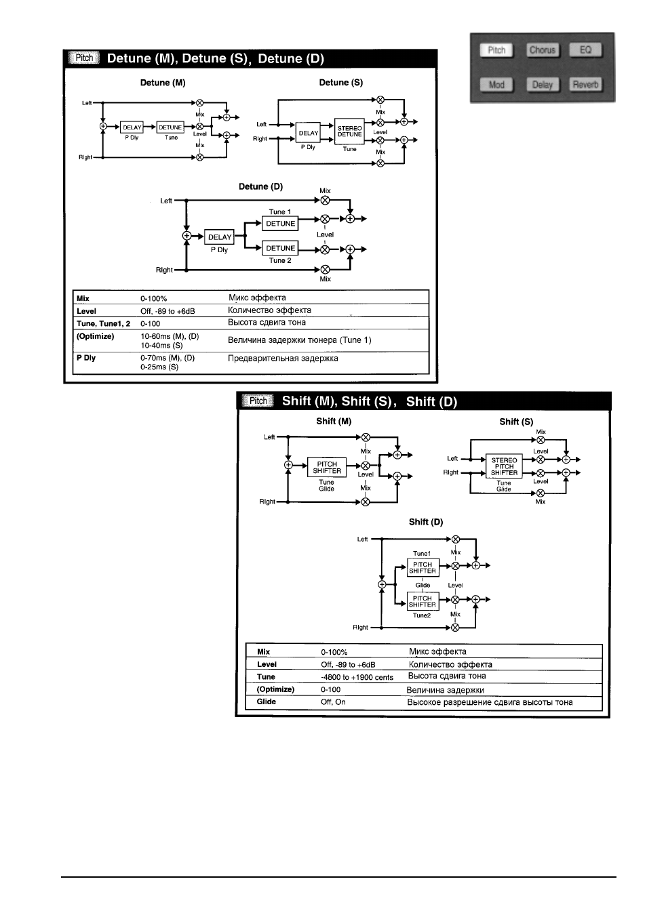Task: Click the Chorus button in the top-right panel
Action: point(542,50)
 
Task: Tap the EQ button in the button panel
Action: point(585,50)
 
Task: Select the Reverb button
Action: point(585,85)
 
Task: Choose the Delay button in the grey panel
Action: point(542,85)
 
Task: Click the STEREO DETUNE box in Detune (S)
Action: point(349,131)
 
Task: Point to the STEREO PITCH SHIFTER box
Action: point(504,466)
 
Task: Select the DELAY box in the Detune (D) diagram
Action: point(220,237)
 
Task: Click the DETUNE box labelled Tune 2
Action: point(280,248)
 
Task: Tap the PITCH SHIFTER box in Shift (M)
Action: point(327,467)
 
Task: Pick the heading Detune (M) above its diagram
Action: point(163,83)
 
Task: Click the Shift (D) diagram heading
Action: point(426,522)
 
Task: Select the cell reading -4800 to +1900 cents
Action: point(357,677)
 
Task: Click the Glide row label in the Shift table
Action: point(266,701)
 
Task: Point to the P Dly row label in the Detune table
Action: point(86,357)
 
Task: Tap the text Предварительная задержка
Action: point(283,359)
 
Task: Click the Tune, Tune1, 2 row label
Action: point(103,323)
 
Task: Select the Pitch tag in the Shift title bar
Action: point(258,401)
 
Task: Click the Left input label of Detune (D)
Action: point(166,201)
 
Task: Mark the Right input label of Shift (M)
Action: point(267,501)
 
